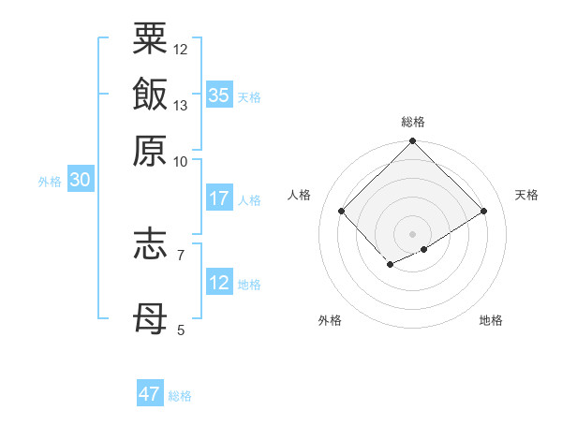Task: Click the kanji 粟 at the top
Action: (x=151, y=40)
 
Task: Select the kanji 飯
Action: (x=151, y=95)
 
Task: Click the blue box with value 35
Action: (x=219, y=95)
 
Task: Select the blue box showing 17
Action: (x=219, y=198)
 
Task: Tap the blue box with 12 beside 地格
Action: (x=219, y=283)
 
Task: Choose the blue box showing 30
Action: (x=80, y=180)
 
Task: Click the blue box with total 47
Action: (x=150, y=394)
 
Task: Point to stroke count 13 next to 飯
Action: (x=181, y=105)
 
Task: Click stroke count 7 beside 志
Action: (x=181, y=254)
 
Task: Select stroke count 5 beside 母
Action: (x=181, y=330)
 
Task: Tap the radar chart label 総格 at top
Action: (x=413, y=122)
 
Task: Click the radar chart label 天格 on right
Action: (x=527, y=195)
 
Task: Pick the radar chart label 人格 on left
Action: (x=299, y=195)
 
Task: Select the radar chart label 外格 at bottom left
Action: (x=330, y=320)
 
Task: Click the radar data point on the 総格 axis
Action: (x=413, y=143)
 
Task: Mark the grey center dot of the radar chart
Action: (x=413, y=233)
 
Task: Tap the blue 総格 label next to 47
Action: (x=180, y=396)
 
